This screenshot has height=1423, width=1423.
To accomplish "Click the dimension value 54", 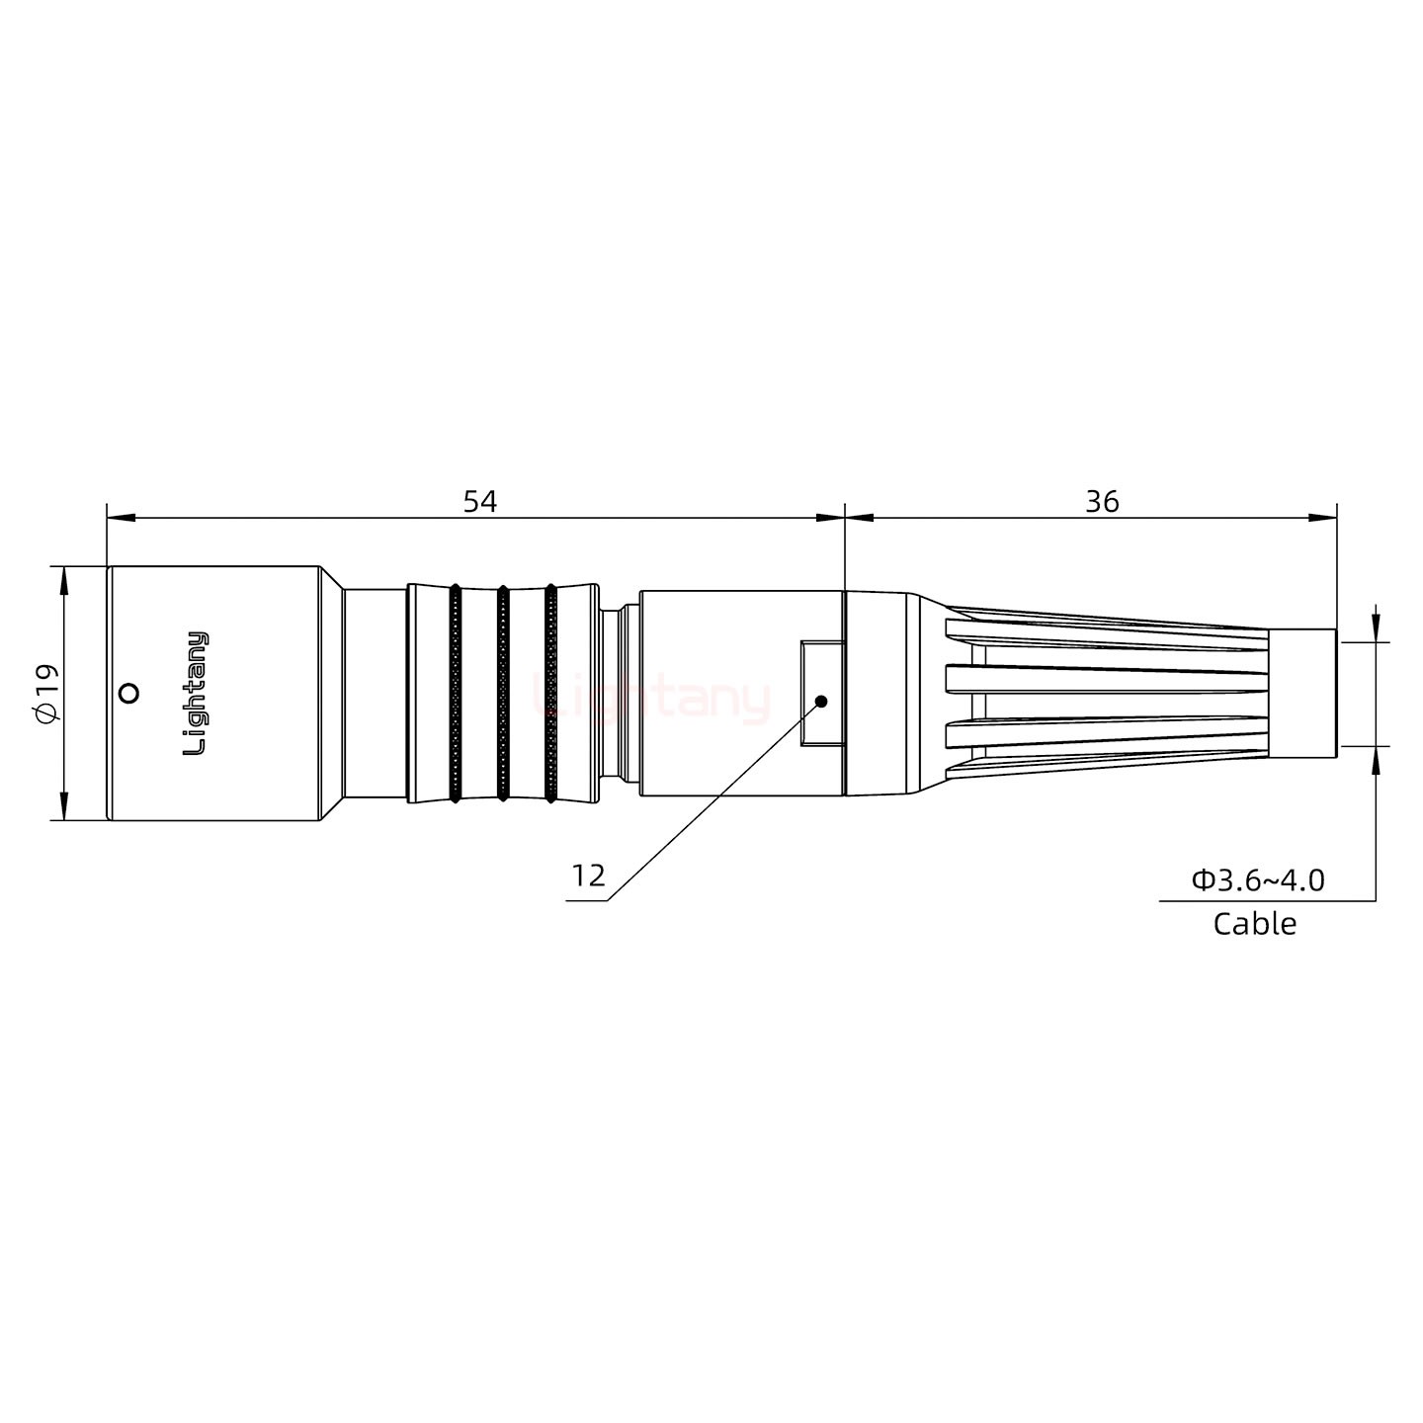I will pyautogui.click(x=480, y=502).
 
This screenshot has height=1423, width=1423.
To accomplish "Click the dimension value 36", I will pyautogui.click(x=1102, y=502).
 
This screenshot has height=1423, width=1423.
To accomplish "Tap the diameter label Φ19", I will pyautogui.click(x=46, y=693).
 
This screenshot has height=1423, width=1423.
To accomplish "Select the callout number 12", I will pyautogui.click(x=588, y=876).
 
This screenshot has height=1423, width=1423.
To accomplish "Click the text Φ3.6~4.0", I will pyautogui.click(x=1258, y=879).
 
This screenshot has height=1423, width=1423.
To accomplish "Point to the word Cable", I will pyautogui.click(x=1254, y=924).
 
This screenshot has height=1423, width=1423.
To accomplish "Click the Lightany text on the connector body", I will pyautogui.click(x=197, y=693).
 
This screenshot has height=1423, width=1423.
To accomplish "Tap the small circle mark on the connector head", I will pyautogui.click(x=127, y=693).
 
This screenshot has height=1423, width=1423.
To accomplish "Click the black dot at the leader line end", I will pyautogui.click(x=820, y=702).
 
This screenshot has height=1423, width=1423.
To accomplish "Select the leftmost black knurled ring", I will pyautogui.click(x=455, y=693).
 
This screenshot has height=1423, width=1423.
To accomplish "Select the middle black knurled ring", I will pyautogui.click(x=502, y=693).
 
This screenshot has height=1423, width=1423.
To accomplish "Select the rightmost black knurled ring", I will pyautogui.click(x=550, y=693).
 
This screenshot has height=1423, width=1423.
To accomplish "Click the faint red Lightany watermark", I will pyautogui.click(x=651, y=699).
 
